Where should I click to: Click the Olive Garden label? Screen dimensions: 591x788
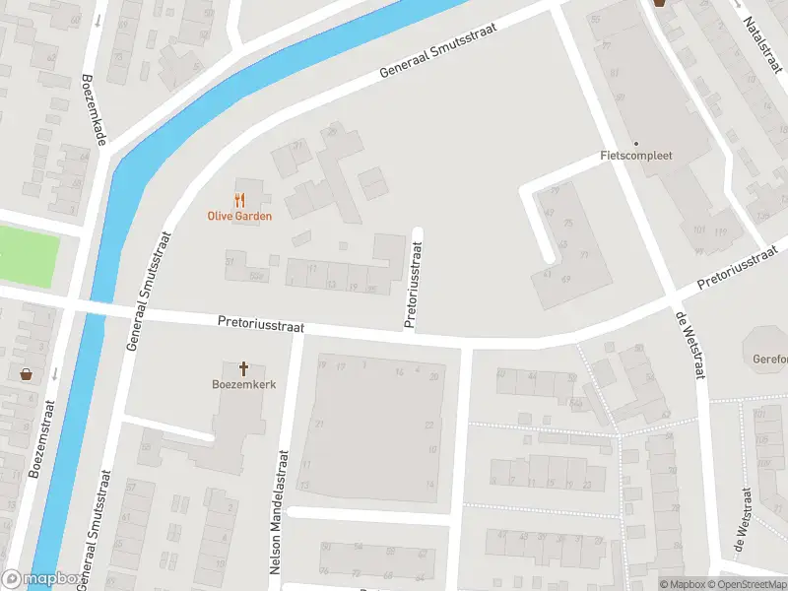(239, 216)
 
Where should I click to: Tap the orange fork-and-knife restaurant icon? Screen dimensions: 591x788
(239, 199)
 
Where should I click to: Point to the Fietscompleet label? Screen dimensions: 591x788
(635, 156)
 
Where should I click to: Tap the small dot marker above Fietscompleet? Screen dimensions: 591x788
(635, 143)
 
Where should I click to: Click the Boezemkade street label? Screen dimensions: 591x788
(94, 111)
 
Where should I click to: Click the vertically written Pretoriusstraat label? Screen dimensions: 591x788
(412, 287)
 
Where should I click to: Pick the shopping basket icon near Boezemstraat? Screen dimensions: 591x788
(26, 374)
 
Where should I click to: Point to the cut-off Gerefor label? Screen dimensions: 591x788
(768, 359)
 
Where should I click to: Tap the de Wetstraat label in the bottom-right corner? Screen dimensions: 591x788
(742, 523)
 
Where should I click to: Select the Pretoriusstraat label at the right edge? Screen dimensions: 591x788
(738, 273)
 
